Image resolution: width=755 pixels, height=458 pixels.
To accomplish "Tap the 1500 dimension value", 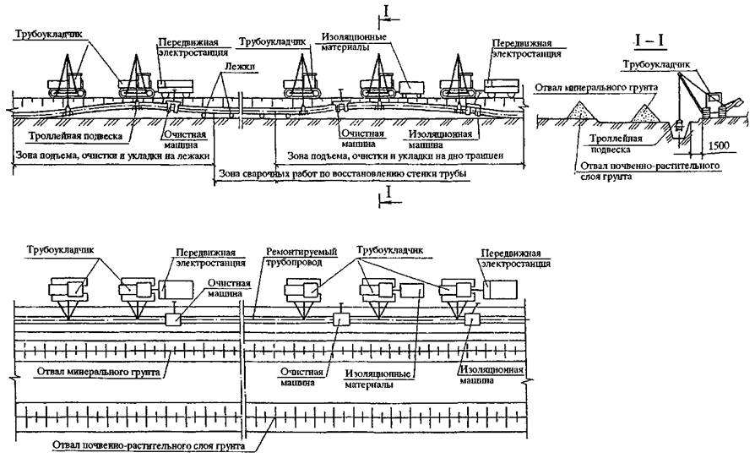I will click(x=720, y=146).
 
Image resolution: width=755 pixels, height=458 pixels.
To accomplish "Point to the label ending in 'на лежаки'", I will click(x=112, y=155).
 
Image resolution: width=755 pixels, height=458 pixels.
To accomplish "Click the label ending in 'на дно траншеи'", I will click(x=391, y=155).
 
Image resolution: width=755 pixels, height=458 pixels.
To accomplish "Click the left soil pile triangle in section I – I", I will click(x=579, y=107).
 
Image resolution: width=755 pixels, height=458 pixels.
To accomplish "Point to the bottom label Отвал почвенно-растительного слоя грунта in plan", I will click(x=136, y=445).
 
